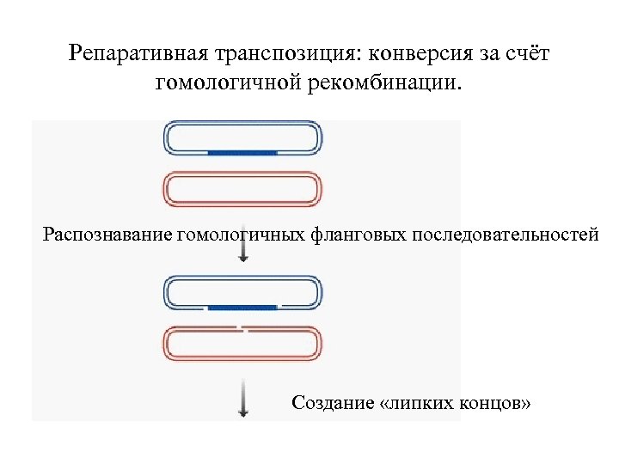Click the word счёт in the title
click(x=524, y=54)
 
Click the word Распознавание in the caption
click(x=107, y=233)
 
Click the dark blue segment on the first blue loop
click(x=242, y=152)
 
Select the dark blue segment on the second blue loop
click(x=242, y=306)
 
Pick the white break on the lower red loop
click(x=243, y=329)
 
